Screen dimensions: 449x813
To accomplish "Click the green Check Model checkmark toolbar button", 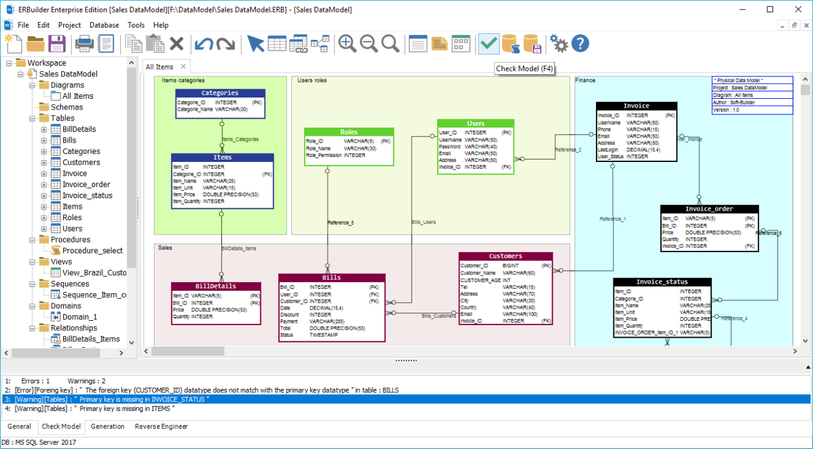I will tap(488, 44).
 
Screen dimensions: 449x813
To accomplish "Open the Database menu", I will tap(104, 25).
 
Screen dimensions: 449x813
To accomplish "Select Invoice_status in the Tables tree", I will tap(87, 195).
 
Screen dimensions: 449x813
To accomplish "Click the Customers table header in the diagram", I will tap(505, 256).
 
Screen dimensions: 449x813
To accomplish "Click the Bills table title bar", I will tap(331, 277).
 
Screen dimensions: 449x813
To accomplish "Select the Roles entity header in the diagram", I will tap(349, 132).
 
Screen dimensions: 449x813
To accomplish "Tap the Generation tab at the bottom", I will tap(108, 426).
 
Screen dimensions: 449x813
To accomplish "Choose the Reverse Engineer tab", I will tap(161, 426).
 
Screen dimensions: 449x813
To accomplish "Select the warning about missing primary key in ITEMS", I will tap(94, 408).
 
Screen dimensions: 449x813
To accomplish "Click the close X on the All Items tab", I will tap(183, 67).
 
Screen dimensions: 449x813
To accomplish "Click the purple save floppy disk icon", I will tap(57, 44).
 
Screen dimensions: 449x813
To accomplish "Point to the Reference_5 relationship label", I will tap(341, 223).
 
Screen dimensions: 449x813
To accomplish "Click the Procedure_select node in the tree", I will tap(92, 251).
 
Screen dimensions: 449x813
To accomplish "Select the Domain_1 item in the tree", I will tap(79, 317).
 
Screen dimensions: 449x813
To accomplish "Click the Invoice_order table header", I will tap(709, 209).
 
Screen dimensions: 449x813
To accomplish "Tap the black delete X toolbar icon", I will tap(177, 44).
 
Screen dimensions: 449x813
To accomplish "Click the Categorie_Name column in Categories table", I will tap(194, 109).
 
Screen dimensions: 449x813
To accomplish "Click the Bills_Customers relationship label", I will tap(438, 316).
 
